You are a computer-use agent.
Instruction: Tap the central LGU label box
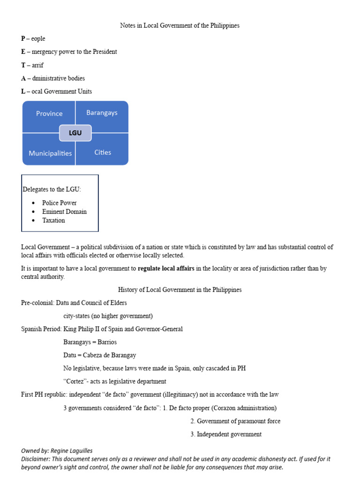(75, 133)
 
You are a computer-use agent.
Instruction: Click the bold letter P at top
(23, 39)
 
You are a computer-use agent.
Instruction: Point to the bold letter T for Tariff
(23, 65)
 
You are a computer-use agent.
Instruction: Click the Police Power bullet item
(59, 203)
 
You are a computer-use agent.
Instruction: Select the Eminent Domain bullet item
(64, 211)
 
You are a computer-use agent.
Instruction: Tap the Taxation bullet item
(53, 220)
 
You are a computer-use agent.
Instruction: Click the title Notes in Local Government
(180, 25)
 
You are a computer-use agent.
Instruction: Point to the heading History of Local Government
(180, 290)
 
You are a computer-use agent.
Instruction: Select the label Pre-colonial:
(37, 303)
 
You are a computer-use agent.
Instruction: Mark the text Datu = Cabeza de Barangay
(99, 355)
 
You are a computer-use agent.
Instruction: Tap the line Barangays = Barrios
(90, 342)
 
